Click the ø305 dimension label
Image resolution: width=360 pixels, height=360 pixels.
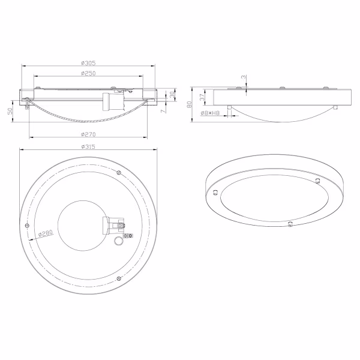89,62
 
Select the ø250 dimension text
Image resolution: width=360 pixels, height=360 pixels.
89,73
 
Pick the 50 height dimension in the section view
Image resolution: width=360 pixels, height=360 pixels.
10,112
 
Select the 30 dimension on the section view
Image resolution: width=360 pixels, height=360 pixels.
172,95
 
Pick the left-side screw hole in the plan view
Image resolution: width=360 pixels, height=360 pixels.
27,224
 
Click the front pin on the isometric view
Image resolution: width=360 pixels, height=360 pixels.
290,224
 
